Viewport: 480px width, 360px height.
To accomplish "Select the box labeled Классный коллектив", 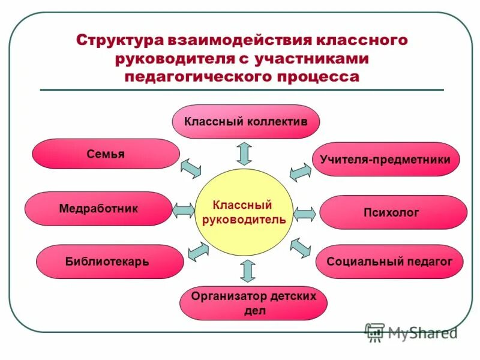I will point(246,122).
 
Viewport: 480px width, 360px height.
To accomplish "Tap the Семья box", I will point(106,154).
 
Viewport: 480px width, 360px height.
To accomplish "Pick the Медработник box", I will point(98,209).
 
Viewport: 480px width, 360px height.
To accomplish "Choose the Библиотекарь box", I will point(109,262).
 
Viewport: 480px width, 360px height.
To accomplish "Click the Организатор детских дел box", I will point(253,303).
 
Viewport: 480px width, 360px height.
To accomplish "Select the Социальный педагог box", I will point(389,262).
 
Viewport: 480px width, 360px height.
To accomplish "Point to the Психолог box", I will point(393,212).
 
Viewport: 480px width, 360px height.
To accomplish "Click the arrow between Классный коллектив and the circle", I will point(244,153).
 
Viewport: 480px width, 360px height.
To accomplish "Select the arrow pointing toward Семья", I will point(191,169).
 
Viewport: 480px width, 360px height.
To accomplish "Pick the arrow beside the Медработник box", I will point(184,211).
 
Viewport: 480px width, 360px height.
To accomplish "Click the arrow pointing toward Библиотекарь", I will point(198,250).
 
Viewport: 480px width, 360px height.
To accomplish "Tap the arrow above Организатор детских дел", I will point(247,271).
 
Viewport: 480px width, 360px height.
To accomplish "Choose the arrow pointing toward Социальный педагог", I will point(301,247).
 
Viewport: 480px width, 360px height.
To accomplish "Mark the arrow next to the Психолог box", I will point(305,214).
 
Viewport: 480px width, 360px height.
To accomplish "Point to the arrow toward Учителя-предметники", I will point(300,172).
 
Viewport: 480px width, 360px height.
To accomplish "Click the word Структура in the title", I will point(121,41).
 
